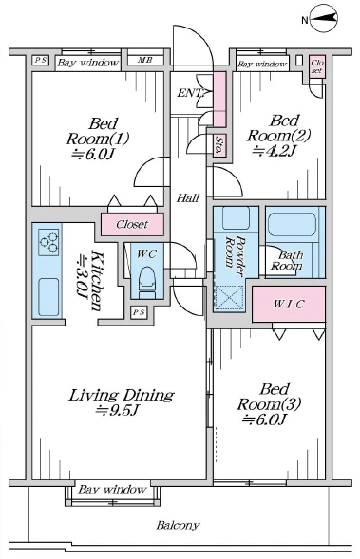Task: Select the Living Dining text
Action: pos(120,395)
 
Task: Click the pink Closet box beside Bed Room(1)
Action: pos(131,225)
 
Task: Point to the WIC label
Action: pos(288,304)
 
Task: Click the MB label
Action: pos(144,63)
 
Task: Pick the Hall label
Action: pos(187,197)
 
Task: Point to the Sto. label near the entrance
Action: pos(218,144)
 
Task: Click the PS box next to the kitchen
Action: pos(139,311)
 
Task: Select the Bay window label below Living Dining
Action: pos(113,490)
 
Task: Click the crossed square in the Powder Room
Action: pos(230,296)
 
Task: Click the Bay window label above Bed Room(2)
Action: pos(261,65)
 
